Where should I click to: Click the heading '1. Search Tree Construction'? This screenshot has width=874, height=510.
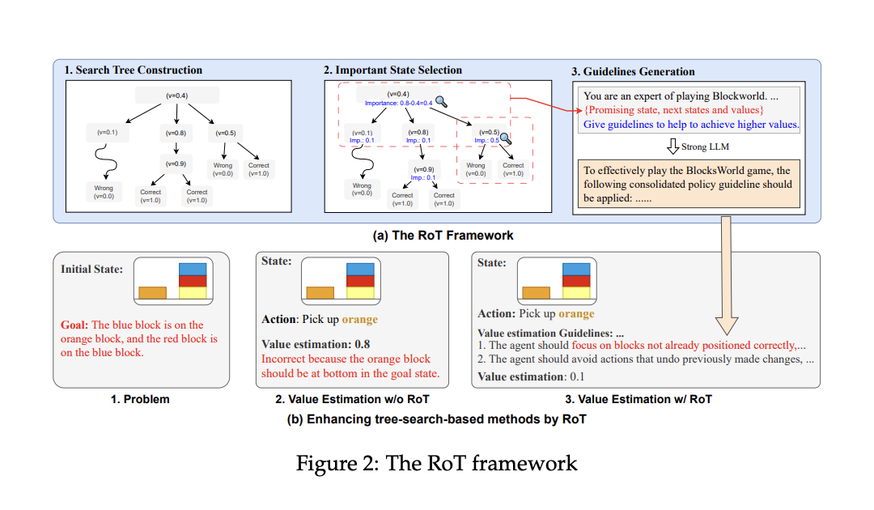(133, 70)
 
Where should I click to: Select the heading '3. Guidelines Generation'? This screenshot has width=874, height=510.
(633, 71)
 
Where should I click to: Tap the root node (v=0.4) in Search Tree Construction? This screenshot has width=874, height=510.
(176, 96)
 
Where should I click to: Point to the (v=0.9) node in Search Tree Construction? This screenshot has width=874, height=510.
(176, 163)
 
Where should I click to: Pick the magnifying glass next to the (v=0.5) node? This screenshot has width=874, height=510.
(505, 138)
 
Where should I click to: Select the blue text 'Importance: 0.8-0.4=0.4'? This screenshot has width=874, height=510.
(398, 104)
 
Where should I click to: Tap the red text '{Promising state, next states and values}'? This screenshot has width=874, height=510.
(673, 109)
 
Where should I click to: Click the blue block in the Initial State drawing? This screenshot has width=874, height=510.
(193, 267)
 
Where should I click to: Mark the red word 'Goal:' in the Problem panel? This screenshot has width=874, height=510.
(74, 325)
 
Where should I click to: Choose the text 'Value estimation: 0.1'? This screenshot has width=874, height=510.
(531, 376)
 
